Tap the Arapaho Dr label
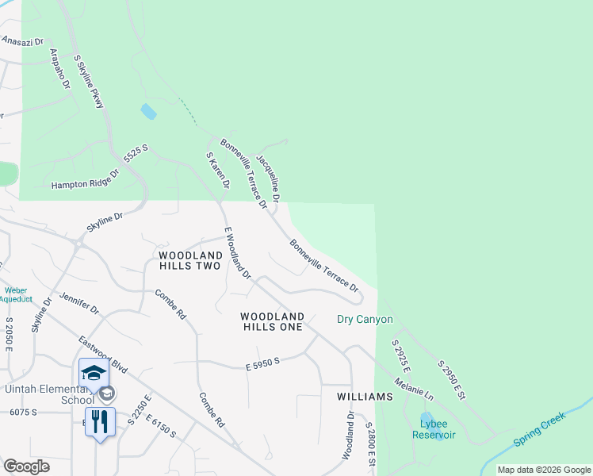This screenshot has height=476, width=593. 60,68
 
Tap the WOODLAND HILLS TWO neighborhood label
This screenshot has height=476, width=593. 189,260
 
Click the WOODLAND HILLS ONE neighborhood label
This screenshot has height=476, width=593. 272,321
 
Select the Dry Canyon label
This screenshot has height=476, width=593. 365,320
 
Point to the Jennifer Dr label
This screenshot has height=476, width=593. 78,303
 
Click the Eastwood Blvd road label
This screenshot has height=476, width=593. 103,354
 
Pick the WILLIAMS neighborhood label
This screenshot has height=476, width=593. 365,396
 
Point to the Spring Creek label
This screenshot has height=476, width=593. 538,429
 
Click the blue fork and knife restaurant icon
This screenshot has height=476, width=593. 100,421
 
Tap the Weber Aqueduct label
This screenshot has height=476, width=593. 15,294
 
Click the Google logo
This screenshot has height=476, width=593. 26,466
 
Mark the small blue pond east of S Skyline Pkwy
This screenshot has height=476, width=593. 148,111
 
